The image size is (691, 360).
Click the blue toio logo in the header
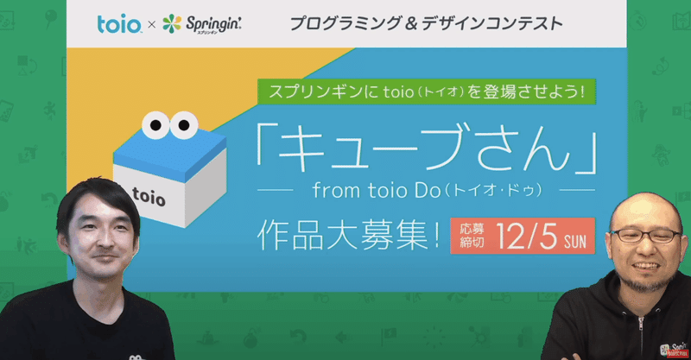[x=119, y=24]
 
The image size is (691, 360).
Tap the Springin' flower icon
[x=172, y=23]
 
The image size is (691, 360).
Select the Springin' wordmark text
[x=213, y=24]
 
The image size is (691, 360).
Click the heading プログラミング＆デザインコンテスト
[x=426, y=23]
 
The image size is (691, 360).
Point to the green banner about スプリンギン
[x=426, y=92]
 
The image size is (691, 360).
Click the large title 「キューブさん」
[x=426, y=147]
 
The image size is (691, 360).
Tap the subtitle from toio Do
[x=427, y=190]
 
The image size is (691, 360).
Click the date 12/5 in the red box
[x=527, y=237]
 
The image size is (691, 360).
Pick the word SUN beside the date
[x=575, y=241]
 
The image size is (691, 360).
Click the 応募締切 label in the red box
[x=472, y=236]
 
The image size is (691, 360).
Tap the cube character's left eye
[x=155, y=125]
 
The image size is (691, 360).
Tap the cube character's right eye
[x=184, y=125]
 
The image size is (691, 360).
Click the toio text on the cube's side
[x=149, y=197]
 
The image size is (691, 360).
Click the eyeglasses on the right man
[x=646, y=236]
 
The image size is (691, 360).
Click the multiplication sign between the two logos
[x=152, y=25]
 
